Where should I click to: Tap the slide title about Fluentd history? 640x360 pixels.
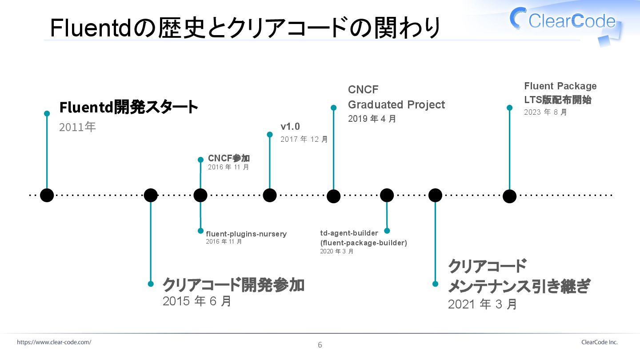[x=245, y=28]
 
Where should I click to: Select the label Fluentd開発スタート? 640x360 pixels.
[x=128, y=107]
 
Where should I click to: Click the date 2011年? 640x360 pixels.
[x=77, y=127]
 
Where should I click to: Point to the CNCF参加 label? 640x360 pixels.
[x=228, y=158]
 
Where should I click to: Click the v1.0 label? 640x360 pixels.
[x=290, y=127]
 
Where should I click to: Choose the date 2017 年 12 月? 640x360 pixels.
[x=304, y=139]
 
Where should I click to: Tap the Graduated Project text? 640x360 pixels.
[x=396, y=105]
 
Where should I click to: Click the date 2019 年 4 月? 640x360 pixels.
[x=372, y=119]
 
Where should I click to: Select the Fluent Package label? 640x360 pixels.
[x=560, y=86]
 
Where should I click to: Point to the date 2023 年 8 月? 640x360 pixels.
[x=545, y=112]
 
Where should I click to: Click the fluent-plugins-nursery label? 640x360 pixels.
[x=246, y=234]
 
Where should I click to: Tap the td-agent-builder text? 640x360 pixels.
[x=349, y=233]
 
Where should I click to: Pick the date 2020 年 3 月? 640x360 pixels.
[x=336, y=251]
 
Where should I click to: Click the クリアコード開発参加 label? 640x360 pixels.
[x=233, y=284]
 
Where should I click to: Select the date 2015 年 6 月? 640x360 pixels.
[x=197, y=301]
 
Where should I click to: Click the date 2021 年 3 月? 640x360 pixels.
[x=482, y=304]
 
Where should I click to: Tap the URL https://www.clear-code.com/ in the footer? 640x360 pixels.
[x=54, y=342]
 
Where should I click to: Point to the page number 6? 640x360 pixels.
[x=320, y=345]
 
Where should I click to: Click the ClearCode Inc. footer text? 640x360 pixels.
[x=599, y=342]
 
